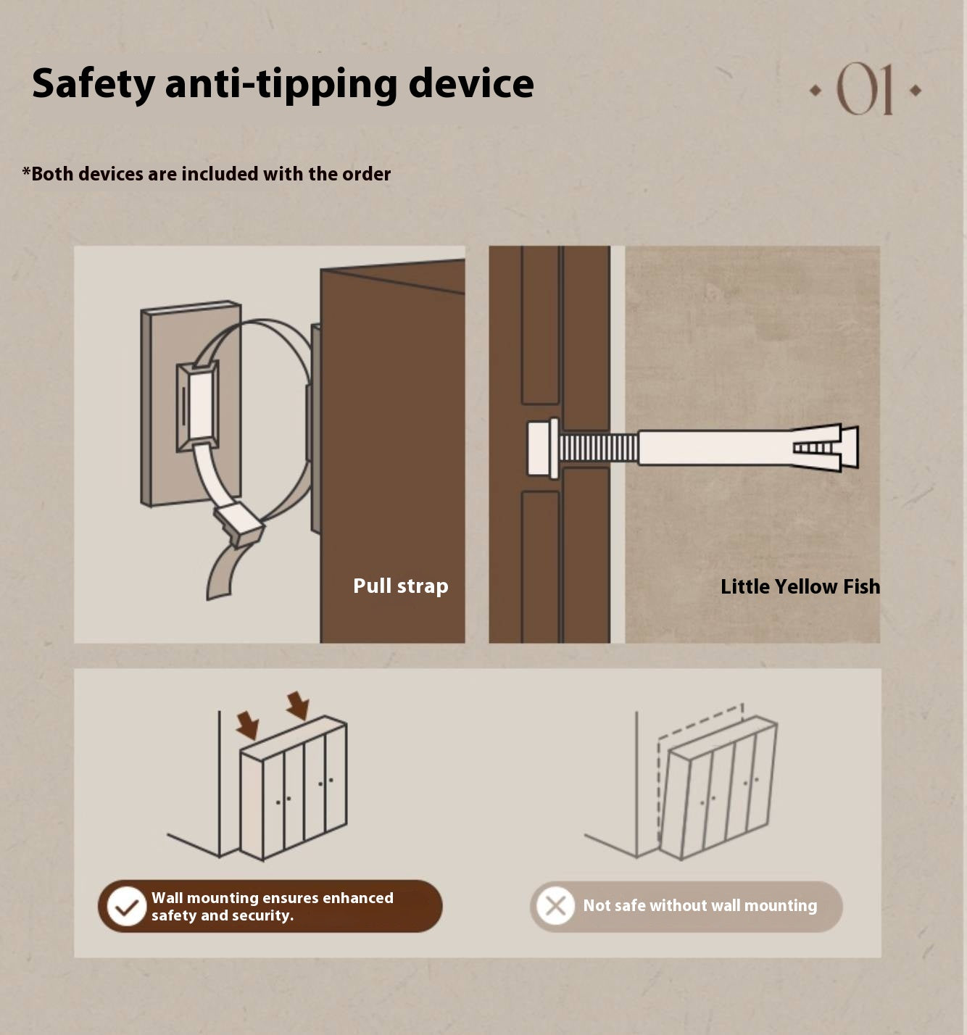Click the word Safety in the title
coord(94,84)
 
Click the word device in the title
coord(471,83)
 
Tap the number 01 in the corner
coord(864,89)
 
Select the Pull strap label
coord(400,586)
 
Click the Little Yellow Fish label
coord(800,586)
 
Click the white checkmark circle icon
coord(126,906)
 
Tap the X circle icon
coord(555,906)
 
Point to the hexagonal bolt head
coord(543,448)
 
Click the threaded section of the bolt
coord(598,448)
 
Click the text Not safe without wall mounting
coord(700,905)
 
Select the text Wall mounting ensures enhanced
coord(272,897)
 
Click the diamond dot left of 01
coord(815,90)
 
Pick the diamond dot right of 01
coord(915,90)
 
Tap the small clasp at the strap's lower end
coord(238,524)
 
